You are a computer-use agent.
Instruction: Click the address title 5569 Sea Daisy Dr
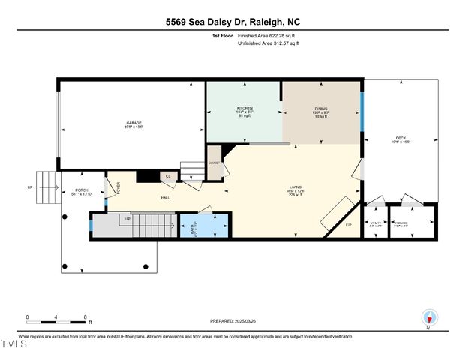pos(233,22)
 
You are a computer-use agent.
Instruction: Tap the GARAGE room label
pos(134,123)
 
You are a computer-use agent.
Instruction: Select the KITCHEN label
pos(244,109)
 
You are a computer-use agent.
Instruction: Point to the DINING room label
pos(321,109)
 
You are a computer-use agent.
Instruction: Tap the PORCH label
pos(82,190)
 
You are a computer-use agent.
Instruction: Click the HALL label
pos(165,199)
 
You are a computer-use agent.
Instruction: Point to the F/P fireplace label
pos(347,225)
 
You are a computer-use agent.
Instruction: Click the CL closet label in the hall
pos(168,177)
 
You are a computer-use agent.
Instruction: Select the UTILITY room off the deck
pos(375,223)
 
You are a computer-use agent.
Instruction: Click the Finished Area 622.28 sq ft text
pos(268,35)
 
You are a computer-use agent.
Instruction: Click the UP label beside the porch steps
pos(30,187)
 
